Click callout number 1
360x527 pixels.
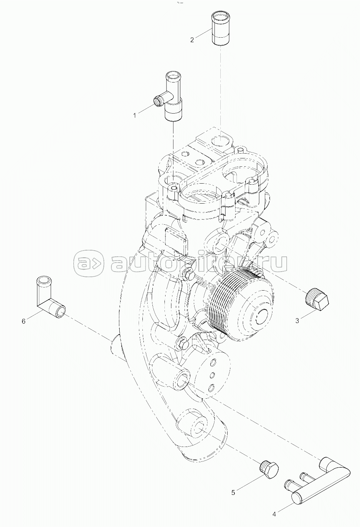pyautogui.click(x=135, y=115)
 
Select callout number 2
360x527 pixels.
pyautogui.click(x=192, y=40)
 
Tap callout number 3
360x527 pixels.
pyautogui.click(x=297, y=321)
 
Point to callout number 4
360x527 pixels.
pyautogui.click(x=274, y=514)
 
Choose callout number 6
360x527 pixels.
pyautogui.click(x=24, y=321)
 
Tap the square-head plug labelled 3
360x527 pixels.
pyautogui.click(x=317, y=297)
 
